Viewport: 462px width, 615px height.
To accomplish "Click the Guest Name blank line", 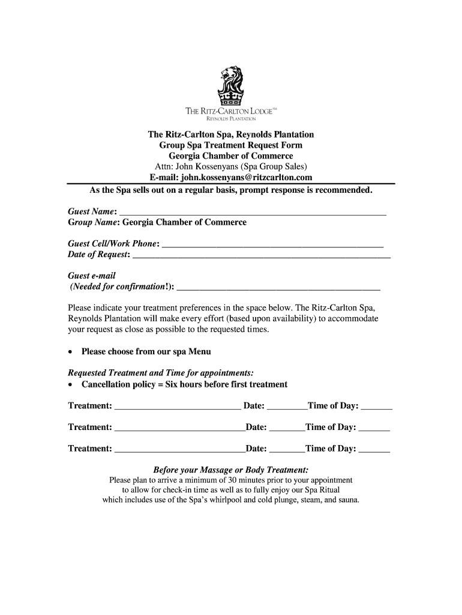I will [x=253, y=212].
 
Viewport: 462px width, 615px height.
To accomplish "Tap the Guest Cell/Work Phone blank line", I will [x=272, y=244].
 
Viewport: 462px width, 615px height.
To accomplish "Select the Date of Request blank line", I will [x=261, y=255].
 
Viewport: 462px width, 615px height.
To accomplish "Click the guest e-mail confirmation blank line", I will [x=279, y=287].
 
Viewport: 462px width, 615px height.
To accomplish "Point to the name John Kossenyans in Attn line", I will [x=208, y=166].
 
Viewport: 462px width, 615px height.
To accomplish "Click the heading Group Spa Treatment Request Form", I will [x=230, y=145].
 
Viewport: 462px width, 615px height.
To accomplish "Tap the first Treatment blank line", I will [x=177, y=407].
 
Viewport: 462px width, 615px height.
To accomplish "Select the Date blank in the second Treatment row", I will [x=287, y=428].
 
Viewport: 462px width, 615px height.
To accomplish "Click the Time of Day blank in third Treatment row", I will [x=374, y=449].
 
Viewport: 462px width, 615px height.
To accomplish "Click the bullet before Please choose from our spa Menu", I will [x=71, y=352].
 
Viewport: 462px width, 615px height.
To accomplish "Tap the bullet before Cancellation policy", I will [x=71, y=385].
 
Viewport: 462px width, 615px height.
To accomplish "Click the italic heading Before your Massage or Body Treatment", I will [x=231, y=470].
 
